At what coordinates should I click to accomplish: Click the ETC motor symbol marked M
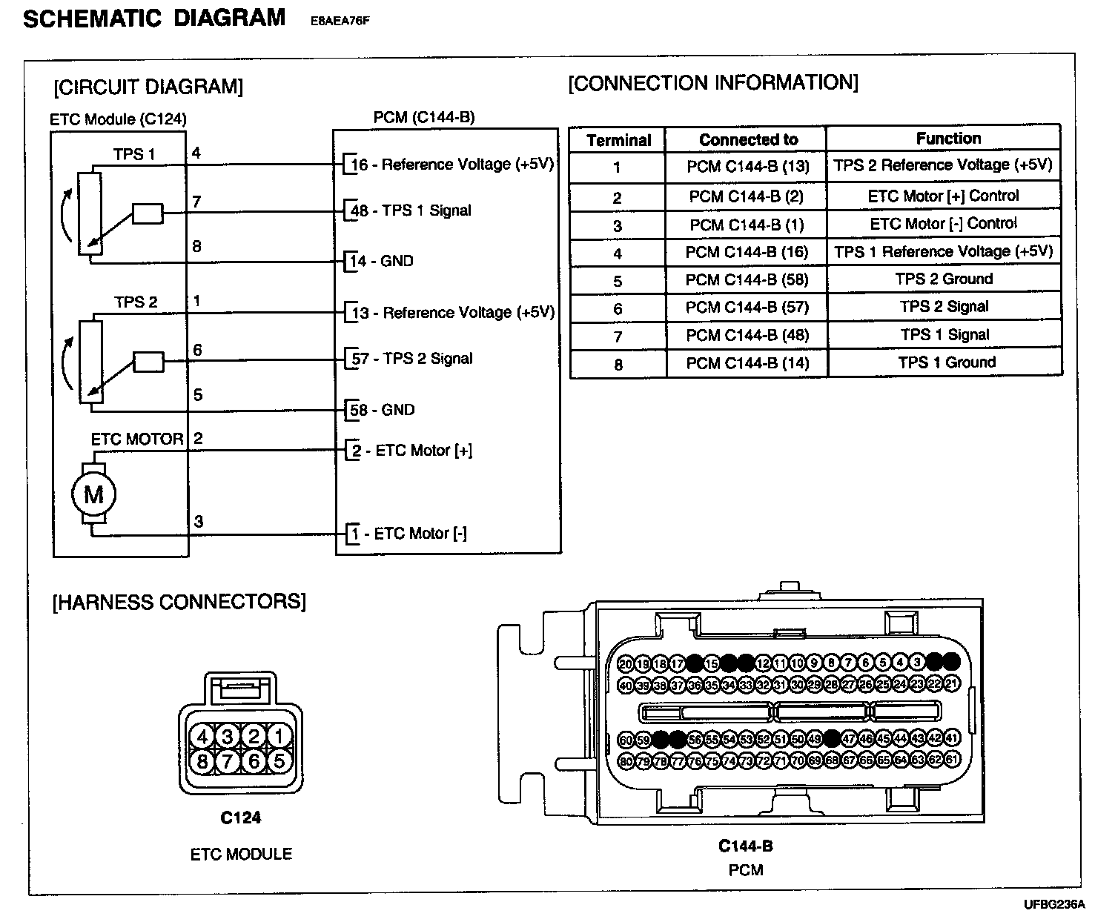click(x=93, y=494)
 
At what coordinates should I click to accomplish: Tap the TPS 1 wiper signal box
click(x=148, y=213)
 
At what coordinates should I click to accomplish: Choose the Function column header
click(x=947, y=139)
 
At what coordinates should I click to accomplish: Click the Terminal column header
click(x=618, y=140)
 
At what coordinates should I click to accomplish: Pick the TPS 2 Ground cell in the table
click(x=944, y=279)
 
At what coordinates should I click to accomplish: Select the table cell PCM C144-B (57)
click(x=747, y=308)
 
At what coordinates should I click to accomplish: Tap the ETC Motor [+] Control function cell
click(x=943, y=196)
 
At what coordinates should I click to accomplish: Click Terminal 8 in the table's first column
click(x=618, y=365)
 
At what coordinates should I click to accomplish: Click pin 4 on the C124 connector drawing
click(x=201, y=737)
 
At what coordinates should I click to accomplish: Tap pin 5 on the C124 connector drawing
click(x=279, y=761)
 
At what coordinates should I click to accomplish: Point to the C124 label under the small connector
click(x=241, y=818)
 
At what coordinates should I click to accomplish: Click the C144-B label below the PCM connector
click(x=745, y=846)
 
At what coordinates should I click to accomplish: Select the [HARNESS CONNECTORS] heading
click(x=179, y=601)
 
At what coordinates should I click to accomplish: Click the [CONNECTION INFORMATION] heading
click(x=712, y=83)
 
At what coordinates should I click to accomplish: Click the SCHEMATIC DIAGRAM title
click(x=154, y=19)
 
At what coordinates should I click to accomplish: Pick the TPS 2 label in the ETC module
click(x=136, y=302)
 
